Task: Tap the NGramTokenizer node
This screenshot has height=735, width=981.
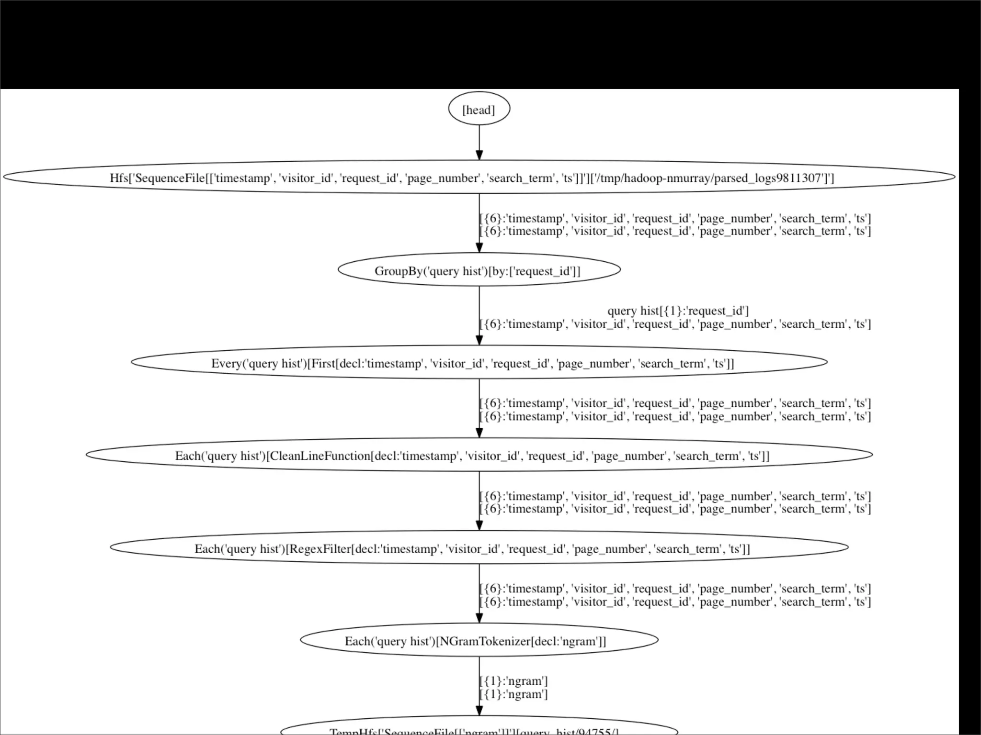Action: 479,641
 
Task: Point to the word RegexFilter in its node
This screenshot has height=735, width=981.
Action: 319,548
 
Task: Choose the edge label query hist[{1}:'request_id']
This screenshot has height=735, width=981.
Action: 678,311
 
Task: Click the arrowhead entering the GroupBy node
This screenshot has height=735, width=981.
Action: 479,247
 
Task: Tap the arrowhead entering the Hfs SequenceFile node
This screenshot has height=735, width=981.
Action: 479,155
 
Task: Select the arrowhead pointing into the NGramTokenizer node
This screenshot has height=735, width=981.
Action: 479,617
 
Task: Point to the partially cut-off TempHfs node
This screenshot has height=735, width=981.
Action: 479,730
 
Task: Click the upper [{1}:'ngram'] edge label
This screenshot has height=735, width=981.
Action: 513,681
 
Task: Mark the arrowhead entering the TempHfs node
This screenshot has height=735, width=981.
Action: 479,710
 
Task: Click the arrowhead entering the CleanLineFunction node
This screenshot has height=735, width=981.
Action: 479,433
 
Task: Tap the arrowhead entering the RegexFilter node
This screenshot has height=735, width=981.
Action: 479,525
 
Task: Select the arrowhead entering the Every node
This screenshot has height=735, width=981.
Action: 479,340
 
